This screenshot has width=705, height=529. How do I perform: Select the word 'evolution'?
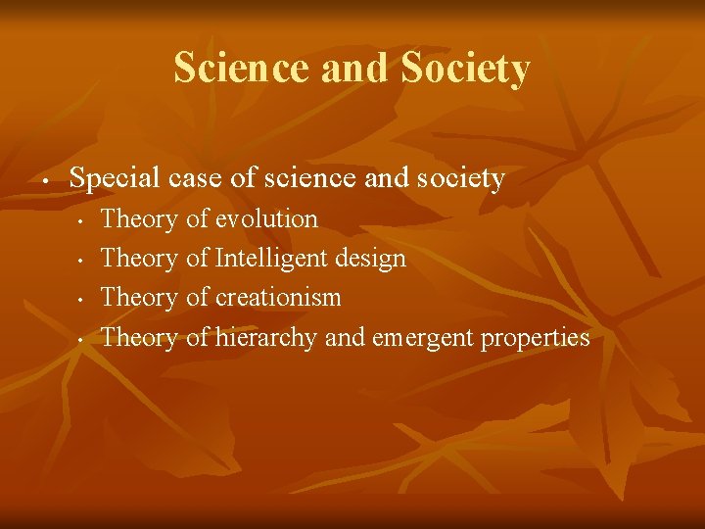tap(265, 218)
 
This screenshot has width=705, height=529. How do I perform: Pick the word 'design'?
tap(370, 259)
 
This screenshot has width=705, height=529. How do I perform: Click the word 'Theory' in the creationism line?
tap(139, 298)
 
